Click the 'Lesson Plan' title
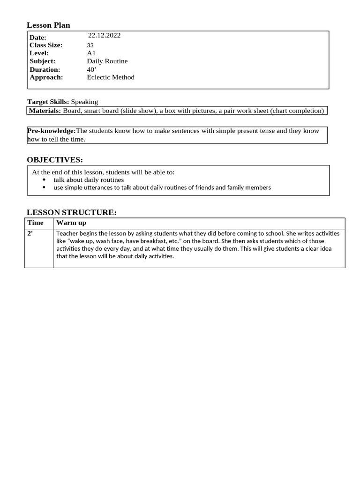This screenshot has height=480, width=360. [x=48, y=25]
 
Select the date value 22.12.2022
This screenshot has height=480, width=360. [x=104, y=36]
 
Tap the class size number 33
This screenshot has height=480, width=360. [x=90, y=45]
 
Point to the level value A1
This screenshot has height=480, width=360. [x=91, y=53]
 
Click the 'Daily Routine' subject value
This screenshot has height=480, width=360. [x=107, y=61]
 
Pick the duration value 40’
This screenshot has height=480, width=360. [x=91, y=69]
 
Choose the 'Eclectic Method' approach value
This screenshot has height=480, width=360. [x=111, y=77]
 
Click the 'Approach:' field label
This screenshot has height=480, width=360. [x=46, y=77]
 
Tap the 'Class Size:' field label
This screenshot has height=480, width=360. [x=46, y=45]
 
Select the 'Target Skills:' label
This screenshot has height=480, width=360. [x=48, y=102]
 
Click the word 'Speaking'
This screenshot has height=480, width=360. [x=84, y=102]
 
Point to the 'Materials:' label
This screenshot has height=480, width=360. [x=45, y=111]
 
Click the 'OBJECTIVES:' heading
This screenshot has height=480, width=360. [x=55, y=160]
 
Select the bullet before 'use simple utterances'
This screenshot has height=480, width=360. [x=45, y=187]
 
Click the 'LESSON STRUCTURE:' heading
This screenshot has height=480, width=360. [x=72, y=212]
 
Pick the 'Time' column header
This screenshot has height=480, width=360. [x=35, y=223]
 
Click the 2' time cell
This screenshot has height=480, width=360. [x=30, y=233]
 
